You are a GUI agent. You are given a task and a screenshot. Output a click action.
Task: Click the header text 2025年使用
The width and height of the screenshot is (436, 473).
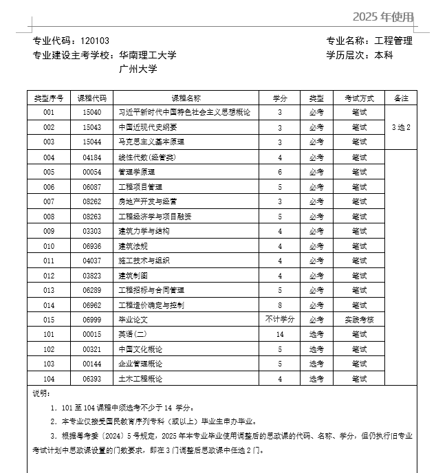384,16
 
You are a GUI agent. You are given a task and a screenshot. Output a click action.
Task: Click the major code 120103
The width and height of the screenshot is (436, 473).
95,41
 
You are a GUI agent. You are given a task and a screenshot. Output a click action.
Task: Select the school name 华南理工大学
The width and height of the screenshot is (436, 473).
148,55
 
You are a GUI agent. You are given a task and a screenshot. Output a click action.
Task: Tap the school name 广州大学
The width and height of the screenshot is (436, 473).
138,69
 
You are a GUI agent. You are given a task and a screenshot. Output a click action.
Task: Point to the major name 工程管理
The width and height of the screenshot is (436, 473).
393,41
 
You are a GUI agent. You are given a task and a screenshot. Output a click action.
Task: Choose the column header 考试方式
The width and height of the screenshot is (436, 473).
359,98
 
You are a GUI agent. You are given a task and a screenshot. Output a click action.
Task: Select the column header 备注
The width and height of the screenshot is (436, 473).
401,98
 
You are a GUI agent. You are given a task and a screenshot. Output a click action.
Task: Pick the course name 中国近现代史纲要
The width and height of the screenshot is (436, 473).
148,127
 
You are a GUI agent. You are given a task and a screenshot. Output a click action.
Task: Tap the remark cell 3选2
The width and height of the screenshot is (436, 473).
401,127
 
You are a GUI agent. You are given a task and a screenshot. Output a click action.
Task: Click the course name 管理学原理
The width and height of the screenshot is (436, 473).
137,172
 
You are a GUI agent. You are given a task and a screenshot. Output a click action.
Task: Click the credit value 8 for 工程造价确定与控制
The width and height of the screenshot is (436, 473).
280,305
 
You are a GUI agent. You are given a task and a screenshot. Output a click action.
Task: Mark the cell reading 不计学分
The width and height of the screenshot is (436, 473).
280,320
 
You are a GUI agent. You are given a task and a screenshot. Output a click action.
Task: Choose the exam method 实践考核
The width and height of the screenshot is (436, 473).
359,320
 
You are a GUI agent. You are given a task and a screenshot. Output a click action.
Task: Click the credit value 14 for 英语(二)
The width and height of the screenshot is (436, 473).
280,335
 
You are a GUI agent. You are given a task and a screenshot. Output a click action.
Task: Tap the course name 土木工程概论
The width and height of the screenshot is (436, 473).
141,379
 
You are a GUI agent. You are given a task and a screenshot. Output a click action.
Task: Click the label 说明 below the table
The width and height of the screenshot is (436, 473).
41,393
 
